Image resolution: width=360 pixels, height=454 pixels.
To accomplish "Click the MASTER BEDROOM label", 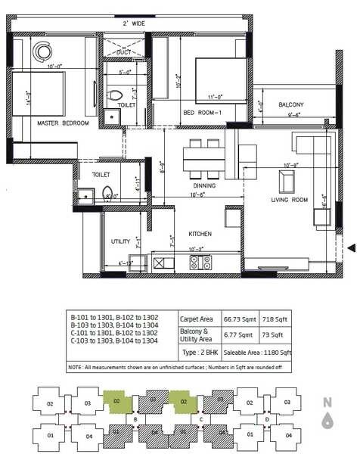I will coord(64,123).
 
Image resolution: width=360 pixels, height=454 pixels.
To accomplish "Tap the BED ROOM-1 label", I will coord(202,113).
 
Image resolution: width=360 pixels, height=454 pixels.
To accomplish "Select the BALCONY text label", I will coord(290,104).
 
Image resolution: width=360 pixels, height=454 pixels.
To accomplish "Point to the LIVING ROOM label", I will coord(290,200).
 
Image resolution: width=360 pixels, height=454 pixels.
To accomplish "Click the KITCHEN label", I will coord(200,234).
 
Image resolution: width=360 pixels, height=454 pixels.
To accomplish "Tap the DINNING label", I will coord(204,185).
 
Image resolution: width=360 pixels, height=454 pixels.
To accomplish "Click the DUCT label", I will coord(133,52).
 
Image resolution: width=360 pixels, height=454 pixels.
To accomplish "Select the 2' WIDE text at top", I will coord(133,24).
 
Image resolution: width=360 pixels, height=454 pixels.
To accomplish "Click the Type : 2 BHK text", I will coord(199,353).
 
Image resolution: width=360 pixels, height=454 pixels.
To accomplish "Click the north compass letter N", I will coord(327,402).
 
